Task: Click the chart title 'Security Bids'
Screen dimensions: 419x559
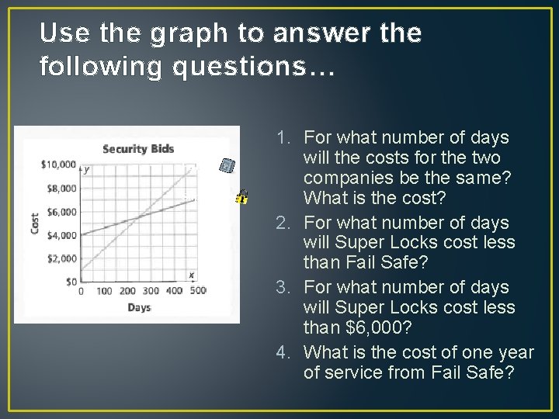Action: (138, 149)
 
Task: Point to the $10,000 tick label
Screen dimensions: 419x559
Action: (58, 164)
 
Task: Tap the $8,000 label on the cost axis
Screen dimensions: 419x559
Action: (61, 188)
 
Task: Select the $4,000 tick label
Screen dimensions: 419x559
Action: (61, 235)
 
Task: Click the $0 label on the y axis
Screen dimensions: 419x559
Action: (70, 282)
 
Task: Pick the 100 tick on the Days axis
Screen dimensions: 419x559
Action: (104, 292)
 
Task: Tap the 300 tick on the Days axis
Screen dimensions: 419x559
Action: (151, 292)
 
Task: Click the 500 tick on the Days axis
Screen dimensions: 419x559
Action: (198, 292)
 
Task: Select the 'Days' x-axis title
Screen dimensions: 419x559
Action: (139, 308)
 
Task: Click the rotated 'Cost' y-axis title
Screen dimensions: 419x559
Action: (34, 223)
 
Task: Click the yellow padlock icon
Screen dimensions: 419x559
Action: (242, 196)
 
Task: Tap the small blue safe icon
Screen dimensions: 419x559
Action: (226, 165)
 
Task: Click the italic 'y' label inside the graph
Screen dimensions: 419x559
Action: (86, 169)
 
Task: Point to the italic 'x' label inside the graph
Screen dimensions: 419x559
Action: (191, 275)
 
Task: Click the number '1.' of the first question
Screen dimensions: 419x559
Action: (284, 138)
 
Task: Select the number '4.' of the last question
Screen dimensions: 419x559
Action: (283, 352)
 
